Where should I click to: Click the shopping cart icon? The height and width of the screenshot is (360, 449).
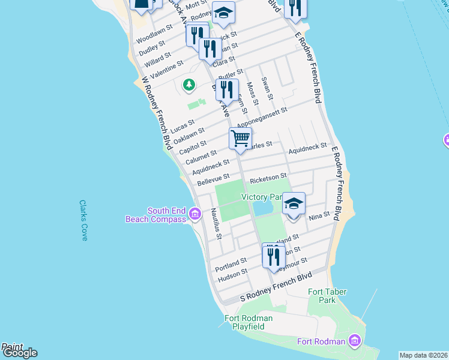(240, 138)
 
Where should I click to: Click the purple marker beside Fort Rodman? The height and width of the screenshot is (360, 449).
(355, 341)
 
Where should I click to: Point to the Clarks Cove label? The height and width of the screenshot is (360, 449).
(83, 220)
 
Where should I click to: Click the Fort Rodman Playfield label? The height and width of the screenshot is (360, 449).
(249, 322)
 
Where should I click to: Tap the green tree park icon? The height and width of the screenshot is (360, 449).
(189, 85)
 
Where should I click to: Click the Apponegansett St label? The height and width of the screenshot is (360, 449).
(262, 118)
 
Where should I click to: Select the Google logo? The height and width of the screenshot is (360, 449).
(19, 353)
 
